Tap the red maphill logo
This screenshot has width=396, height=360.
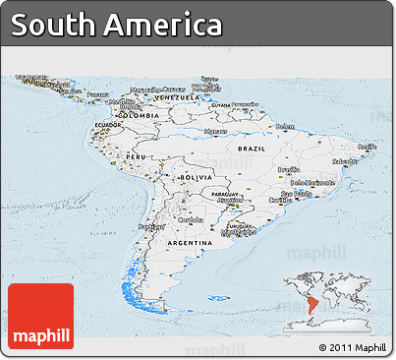(40, 317)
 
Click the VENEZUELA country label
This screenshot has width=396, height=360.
(180, 97)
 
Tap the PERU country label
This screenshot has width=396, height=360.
(137, 157)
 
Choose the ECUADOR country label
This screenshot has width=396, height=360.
(107, 125)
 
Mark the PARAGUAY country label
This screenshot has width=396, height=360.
(226, 194)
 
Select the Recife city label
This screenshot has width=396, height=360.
(366, 147)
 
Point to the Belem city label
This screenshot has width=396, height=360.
(285, 126)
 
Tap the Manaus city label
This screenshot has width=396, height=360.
(215, 131)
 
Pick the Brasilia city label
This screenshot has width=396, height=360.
(289, 169)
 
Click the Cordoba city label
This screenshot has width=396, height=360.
(191, 219)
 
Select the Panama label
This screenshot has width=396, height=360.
(97, 94)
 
